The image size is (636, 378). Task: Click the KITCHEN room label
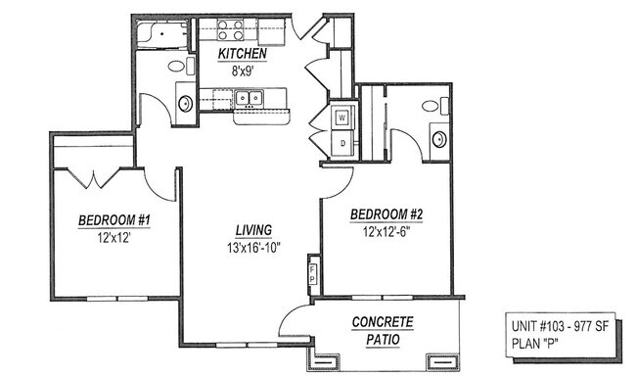coord(244,53)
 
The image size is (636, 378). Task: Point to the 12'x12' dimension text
coord(113,238)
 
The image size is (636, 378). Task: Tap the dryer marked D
coord(342,143)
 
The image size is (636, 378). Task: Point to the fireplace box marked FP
coord(313,270)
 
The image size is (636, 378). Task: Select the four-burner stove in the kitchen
coord(231,29)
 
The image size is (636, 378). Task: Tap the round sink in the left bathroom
coord(185,103)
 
